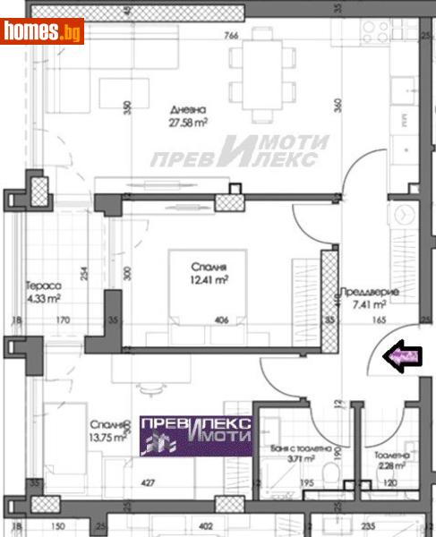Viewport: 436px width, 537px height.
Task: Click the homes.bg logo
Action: click(43, 32)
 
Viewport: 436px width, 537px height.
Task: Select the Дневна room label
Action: click(187, 111)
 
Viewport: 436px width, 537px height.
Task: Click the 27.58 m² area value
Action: click(188, 124)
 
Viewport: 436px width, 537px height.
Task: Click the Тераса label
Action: click(41, 286)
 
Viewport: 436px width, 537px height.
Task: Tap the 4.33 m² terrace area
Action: click(42, 299)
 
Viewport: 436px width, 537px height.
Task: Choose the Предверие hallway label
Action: click(375, 293)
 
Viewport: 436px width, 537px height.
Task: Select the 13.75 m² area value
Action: click(107, 439)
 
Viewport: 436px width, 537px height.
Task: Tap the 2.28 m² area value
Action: click(390, 465)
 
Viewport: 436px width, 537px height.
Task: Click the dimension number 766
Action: click(230, 36)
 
